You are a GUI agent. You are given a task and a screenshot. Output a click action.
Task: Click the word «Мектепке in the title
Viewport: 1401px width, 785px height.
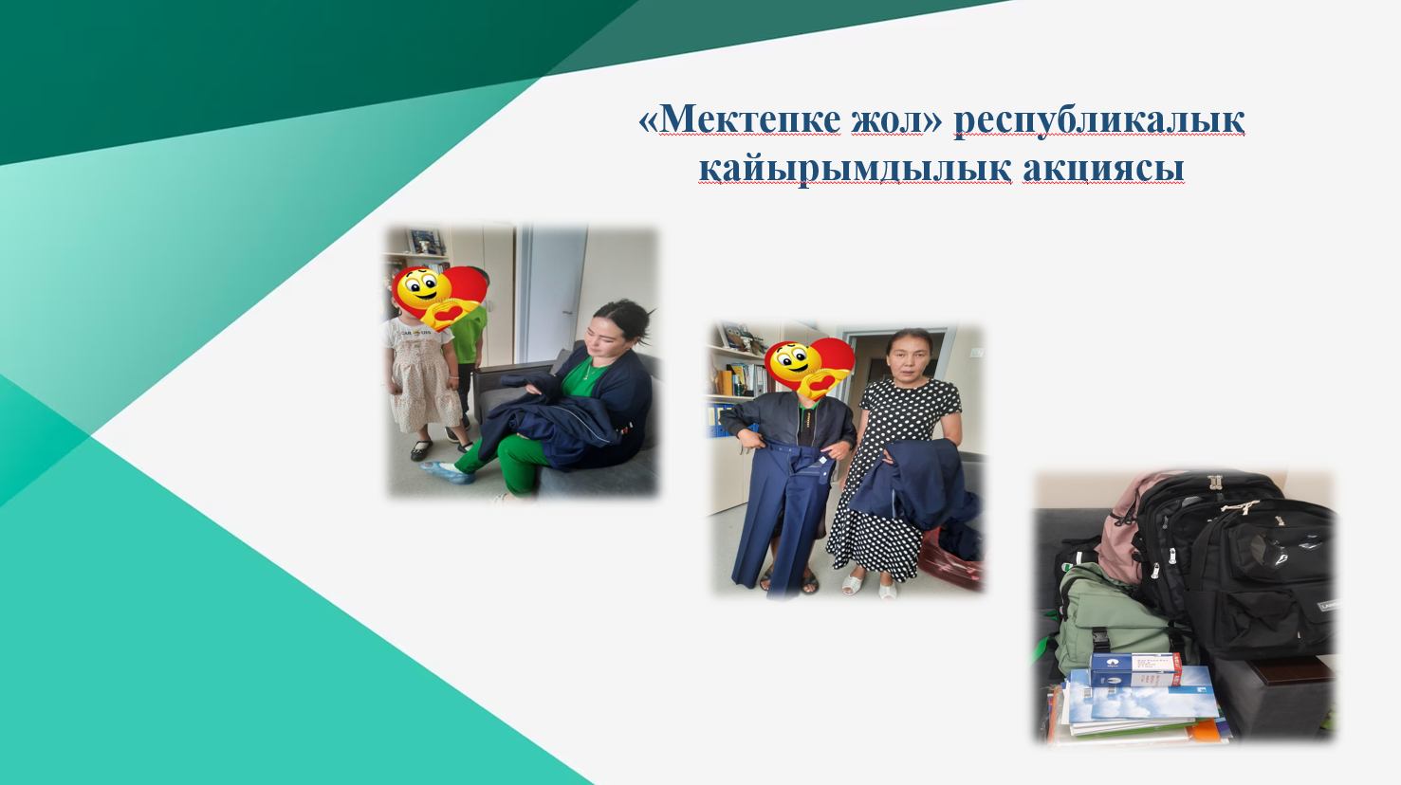(x=739, y=119)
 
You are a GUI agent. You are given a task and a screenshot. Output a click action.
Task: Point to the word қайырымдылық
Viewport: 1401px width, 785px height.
(x=855, y=168)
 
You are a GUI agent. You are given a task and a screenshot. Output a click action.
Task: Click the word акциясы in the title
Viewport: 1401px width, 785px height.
(x=1103, y=169)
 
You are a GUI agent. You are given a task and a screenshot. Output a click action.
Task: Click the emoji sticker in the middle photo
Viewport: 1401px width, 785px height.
(x=809, y=369)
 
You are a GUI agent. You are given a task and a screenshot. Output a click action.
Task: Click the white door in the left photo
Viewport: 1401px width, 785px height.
(x=554, y=294)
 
